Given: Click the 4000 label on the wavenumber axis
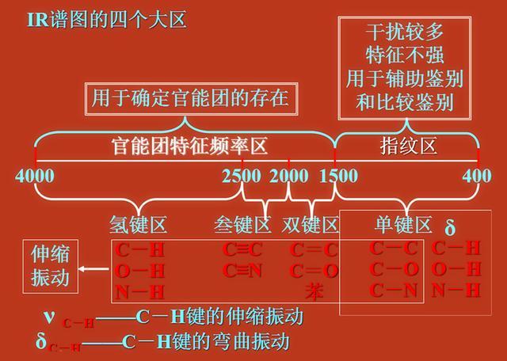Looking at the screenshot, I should click(x=35, y=175).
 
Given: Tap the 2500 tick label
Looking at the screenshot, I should click(x=242, y=175).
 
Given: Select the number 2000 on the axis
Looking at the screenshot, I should click(x=289, y=175).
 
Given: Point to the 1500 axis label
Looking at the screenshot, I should click(x=338, y=175).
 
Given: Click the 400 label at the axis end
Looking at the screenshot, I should click(x=477, y=175).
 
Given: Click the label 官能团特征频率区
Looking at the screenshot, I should click(x=188, y=146).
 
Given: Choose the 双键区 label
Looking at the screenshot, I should click(x=310, y=225).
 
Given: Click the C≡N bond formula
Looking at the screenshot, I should click(x=242, y=270).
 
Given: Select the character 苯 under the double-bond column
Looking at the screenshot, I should click(x=314, y=291).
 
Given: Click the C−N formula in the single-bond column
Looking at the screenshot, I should click(x=394, y=290).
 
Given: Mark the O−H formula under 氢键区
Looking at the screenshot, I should click(x=140, y=271).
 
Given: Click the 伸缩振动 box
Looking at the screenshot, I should click(x=50, y=265).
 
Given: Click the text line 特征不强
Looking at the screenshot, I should click(x=405, y=56).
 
